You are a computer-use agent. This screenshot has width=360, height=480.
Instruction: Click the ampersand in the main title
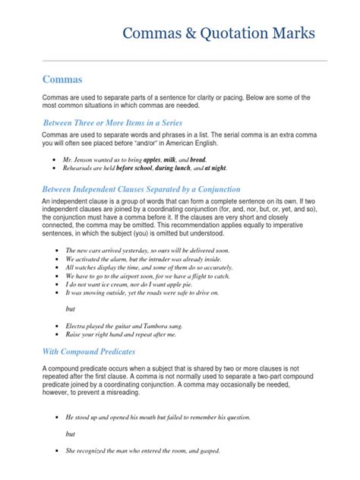pyautogui.click(x=194, y=34)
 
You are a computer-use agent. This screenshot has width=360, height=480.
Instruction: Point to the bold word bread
pyautogui.click(x=197, y=161)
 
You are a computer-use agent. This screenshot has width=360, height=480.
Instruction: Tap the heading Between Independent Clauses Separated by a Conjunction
pyautogui.click(x=141, y=188)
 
